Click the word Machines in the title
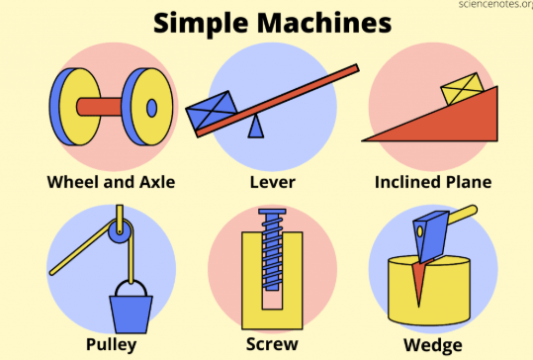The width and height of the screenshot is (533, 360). click(x=324, y=23)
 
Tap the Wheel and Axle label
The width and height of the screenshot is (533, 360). click(x=111, y=182)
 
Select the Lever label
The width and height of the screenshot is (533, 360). click(x=273, y=182)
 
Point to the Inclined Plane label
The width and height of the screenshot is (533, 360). click(x=433, y=182)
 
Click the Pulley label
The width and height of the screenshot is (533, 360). click(x=111, y=345)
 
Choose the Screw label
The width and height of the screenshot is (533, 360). click(x=272, y=344)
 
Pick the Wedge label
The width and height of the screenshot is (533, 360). click(x=433, y=345)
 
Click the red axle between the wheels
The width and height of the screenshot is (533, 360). click(x=99, y=107)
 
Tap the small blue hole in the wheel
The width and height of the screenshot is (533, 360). click(x=151, y=108)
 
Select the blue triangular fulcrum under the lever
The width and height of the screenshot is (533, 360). click(x=256, y=127)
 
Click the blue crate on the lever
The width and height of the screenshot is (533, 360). click(x=212, y=110)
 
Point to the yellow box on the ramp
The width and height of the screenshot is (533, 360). click(x=463, y=88)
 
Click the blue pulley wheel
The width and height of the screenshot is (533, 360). click(x=120, y=230)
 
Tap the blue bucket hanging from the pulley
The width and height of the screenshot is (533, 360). click(x=131, y=315)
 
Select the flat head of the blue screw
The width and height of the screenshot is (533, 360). click(x=272, y=212)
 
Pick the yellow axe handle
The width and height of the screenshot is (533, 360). click(x=463, y=215)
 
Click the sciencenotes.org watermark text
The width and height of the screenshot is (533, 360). click(x=495, y=4)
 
